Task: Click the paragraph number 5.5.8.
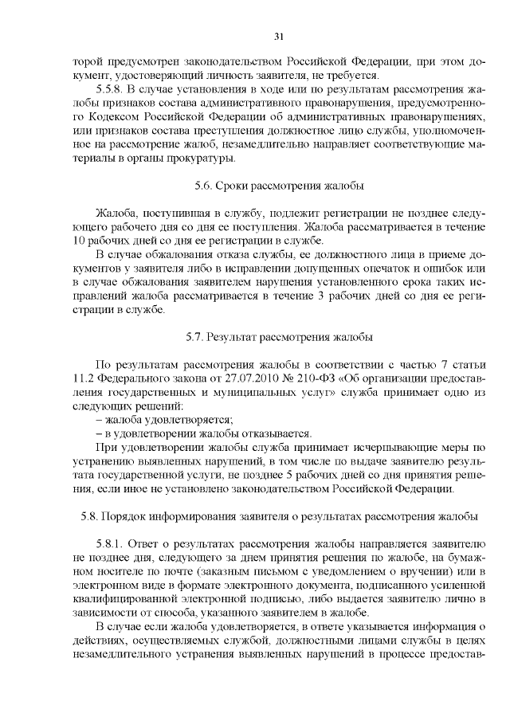(110, 88)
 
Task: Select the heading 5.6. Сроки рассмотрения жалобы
(279, 186)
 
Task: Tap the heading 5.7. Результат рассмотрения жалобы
(279, 338)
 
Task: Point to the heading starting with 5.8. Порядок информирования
(279, 515)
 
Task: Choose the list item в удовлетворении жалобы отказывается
(202, 433)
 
